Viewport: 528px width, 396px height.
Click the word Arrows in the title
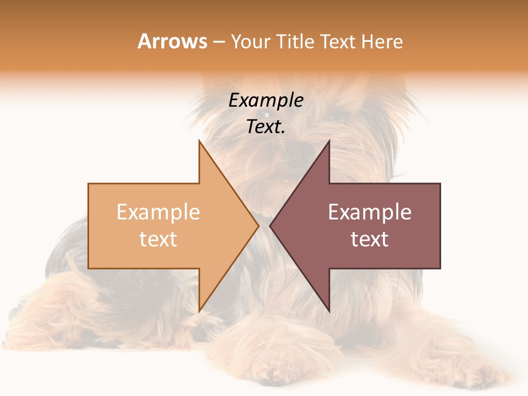(x=172, y=41)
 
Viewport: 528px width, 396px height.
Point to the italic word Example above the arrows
(x=266, y=100)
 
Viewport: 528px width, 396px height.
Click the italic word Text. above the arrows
(x=266, y=127)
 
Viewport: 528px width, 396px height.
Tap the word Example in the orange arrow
(x=158, y=212)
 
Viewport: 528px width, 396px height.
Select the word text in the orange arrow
(x=158, y=239)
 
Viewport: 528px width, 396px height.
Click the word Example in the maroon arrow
(x=370, y=212)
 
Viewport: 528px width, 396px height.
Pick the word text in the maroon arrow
(x=370, y=239)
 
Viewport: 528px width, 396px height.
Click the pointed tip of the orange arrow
(x=258, y=226)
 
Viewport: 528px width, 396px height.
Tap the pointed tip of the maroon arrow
(x=269, y=226)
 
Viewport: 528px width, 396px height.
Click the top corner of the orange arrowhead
(x=199, y=141)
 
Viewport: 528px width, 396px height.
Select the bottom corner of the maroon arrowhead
(x=329, y=311)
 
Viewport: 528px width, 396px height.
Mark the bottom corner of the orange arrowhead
(x=199, y=311)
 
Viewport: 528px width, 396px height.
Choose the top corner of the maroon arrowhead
(x=329, y=141)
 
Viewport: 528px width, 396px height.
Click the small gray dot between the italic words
(x=267, y=115)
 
